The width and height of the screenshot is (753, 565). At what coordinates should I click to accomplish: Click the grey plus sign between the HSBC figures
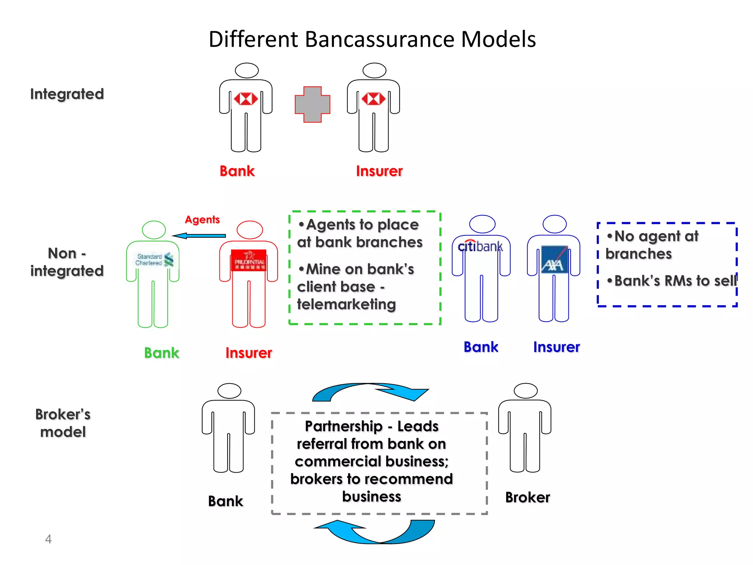tap(312, 104)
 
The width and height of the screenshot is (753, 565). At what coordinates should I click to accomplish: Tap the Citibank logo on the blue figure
tap(480, 246)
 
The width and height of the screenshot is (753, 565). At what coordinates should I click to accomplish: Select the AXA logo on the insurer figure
tap(554, 260)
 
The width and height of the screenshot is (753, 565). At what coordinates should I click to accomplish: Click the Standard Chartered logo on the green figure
tap(154, 259)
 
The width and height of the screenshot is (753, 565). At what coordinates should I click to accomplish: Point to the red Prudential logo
tap(249, 260)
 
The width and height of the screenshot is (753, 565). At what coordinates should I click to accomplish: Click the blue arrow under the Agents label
tap(199, 236)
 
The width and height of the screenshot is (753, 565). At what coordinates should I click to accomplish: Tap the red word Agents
tap(202, 220)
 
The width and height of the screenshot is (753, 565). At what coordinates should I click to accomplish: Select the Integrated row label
tap(67, 94)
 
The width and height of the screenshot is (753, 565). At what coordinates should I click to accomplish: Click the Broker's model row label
tap(63, 423)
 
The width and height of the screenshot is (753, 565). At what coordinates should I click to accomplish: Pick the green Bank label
tap(161, 353)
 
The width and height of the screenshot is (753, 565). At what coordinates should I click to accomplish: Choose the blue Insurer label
tap(556, 347)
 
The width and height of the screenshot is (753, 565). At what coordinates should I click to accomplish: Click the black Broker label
tap(527, 497)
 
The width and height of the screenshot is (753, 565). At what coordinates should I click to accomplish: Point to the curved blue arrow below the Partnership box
tap(375, 532)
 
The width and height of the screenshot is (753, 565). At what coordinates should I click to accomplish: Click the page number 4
tap(48, 539)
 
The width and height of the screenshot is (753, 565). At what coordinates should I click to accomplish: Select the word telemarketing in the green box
tap(346, 304)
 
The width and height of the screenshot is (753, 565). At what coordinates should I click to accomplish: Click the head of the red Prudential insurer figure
tap(250, 230)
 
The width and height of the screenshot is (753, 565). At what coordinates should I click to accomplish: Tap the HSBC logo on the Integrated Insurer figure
tap(373, 99)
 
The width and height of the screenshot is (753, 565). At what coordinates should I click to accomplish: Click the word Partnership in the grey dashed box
tap(344, 426)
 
